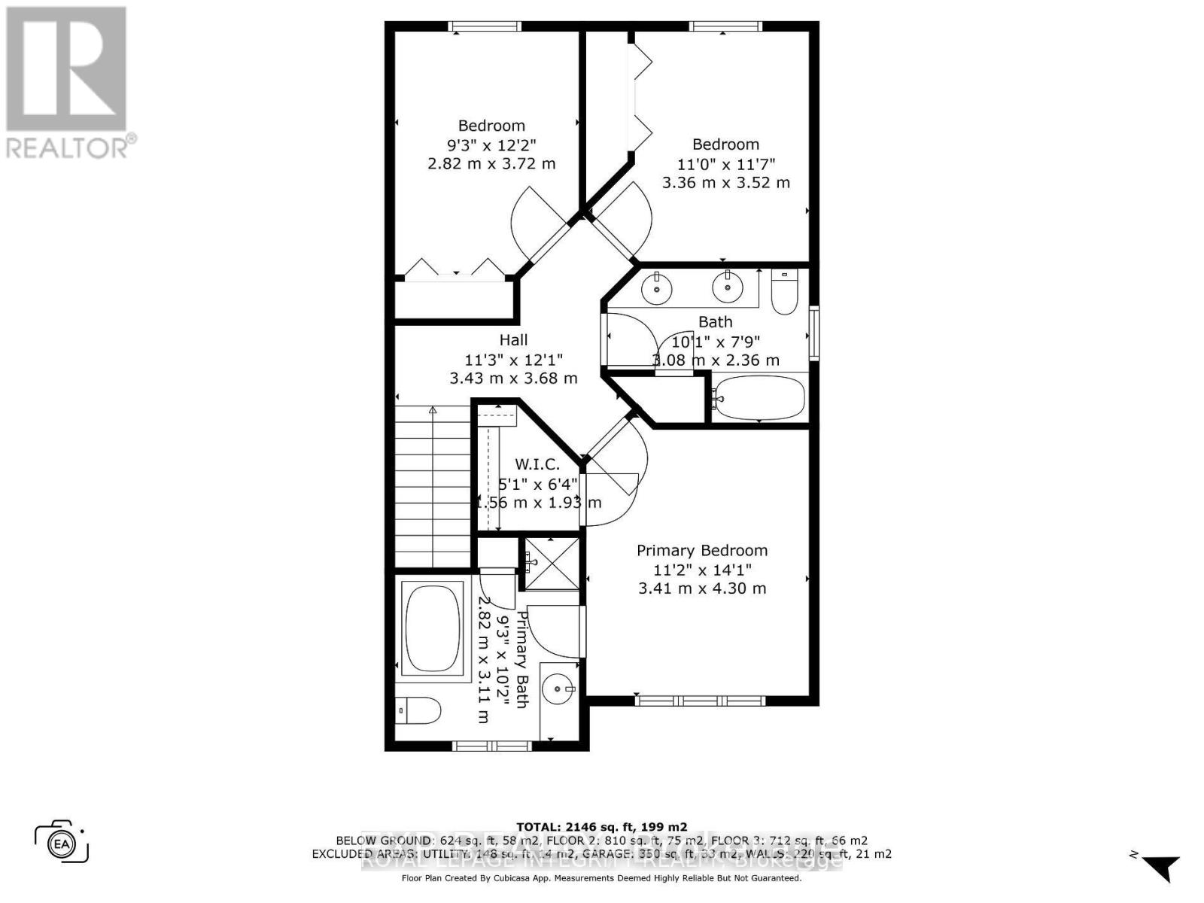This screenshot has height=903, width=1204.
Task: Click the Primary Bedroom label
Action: pyautogui.click(x=702, y=551)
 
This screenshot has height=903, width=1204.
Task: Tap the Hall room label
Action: pyautogui.click(x=513, y=340)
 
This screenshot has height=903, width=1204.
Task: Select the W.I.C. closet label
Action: pyautogui.click(x=537, y=464)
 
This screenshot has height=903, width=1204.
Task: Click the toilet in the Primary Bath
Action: pyautogui.click(x=418, y=710)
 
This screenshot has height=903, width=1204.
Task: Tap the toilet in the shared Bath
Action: pyautogui.click(x=784, y=292)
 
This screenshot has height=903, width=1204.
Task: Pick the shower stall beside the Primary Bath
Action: pyautogui.click(x=552, y=563)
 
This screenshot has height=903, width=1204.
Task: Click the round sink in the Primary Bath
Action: pyautogui.click(x=558, y=688)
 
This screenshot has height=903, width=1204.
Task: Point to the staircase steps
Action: pyautogui.click(x=433, y=486)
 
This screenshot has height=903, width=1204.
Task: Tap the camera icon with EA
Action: pyautogui.click(x=62, y=844)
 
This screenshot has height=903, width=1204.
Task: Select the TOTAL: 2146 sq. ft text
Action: pyautogui.click(x=601, y=827)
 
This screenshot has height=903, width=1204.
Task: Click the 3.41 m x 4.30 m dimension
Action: pyautogui.click(x=702, y=588)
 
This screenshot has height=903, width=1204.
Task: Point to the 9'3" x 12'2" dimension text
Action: pyautogui.click(x=491, y=144)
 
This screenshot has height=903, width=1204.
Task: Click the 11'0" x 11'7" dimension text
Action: pyautogui.click(x=726, y=163)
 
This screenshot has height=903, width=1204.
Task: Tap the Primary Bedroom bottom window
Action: pyautogui.click(x=701, y=701)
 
